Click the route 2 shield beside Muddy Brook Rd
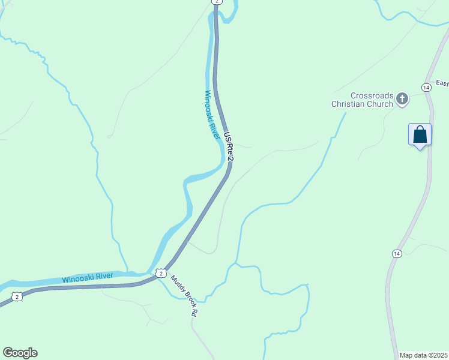point(160,273)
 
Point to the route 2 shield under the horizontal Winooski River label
point(17,296)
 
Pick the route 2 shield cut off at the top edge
point(216,2)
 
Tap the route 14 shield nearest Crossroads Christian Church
point(426,87)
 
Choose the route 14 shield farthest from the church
point(396,254)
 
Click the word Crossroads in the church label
point(372,95)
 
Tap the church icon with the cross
point(402,99)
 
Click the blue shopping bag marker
point(420,134)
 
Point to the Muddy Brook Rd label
point(184,295)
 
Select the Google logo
point(20,353)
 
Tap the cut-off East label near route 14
point(442,83)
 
